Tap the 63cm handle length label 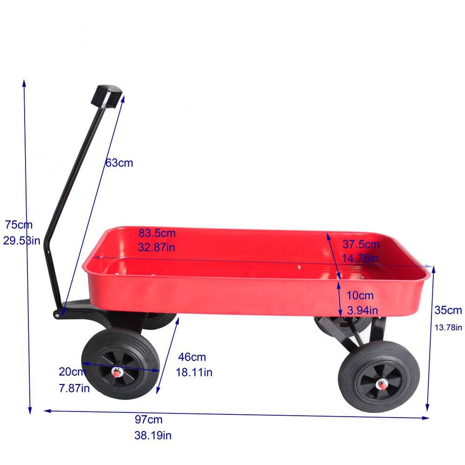(119, 163)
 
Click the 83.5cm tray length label (157, 232)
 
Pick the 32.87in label (157, 247)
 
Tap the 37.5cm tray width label (361, 245)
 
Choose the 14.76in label (361, 259)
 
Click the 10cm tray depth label (360, 295)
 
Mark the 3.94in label (361, 310)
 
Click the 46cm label (192, 357)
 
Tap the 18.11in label (194, 372)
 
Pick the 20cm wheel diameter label (73, 372)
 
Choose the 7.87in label (74, 388)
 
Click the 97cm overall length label (149, 420)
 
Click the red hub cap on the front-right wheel (382, 384)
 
